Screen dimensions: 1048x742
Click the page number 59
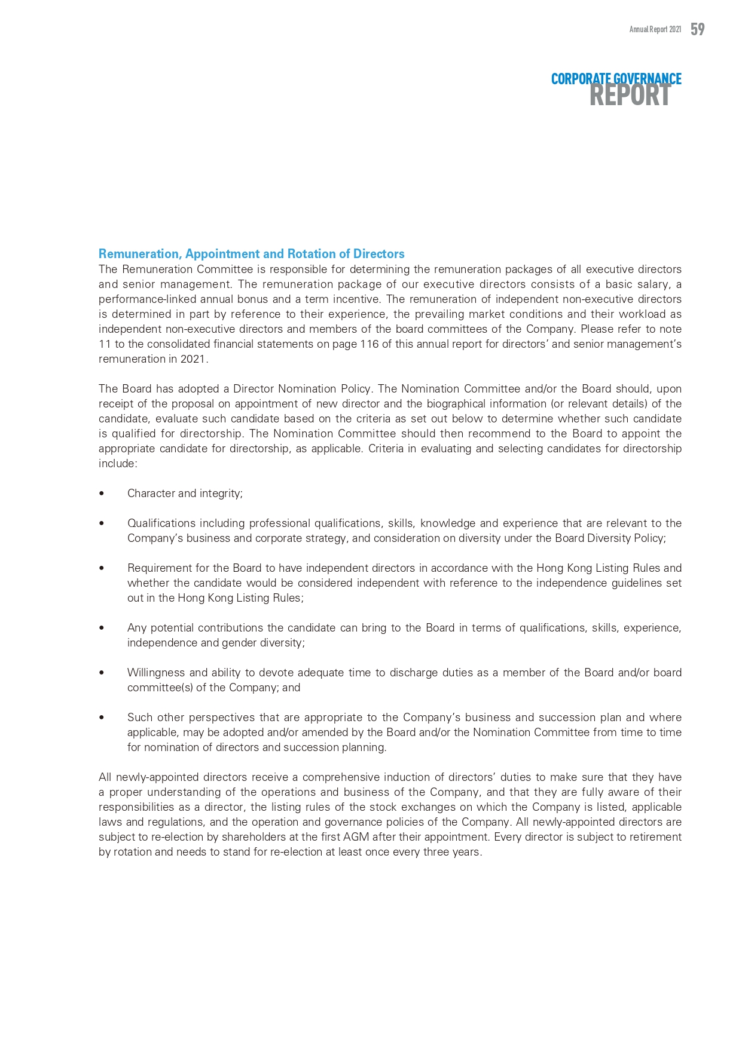click(x=697, y=29)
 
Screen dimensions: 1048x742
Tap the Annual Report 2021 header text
click(x=655, y=29)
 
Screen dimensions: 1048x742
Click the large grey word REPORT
click(x=630, y=96)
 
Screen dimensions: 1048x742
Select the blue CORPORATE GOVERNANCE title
click(x=616, y=78)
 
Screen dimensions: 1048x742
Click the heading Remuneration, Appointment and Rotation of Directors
click(x=251, y=254)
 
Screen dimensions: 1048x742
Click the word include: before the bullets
click(x=118, y=464)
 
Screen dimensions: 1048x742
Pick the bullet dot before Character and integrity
click(x=102, y=494)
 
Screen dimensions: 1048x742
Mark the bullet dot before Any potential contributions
click(x=102, y=628)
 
